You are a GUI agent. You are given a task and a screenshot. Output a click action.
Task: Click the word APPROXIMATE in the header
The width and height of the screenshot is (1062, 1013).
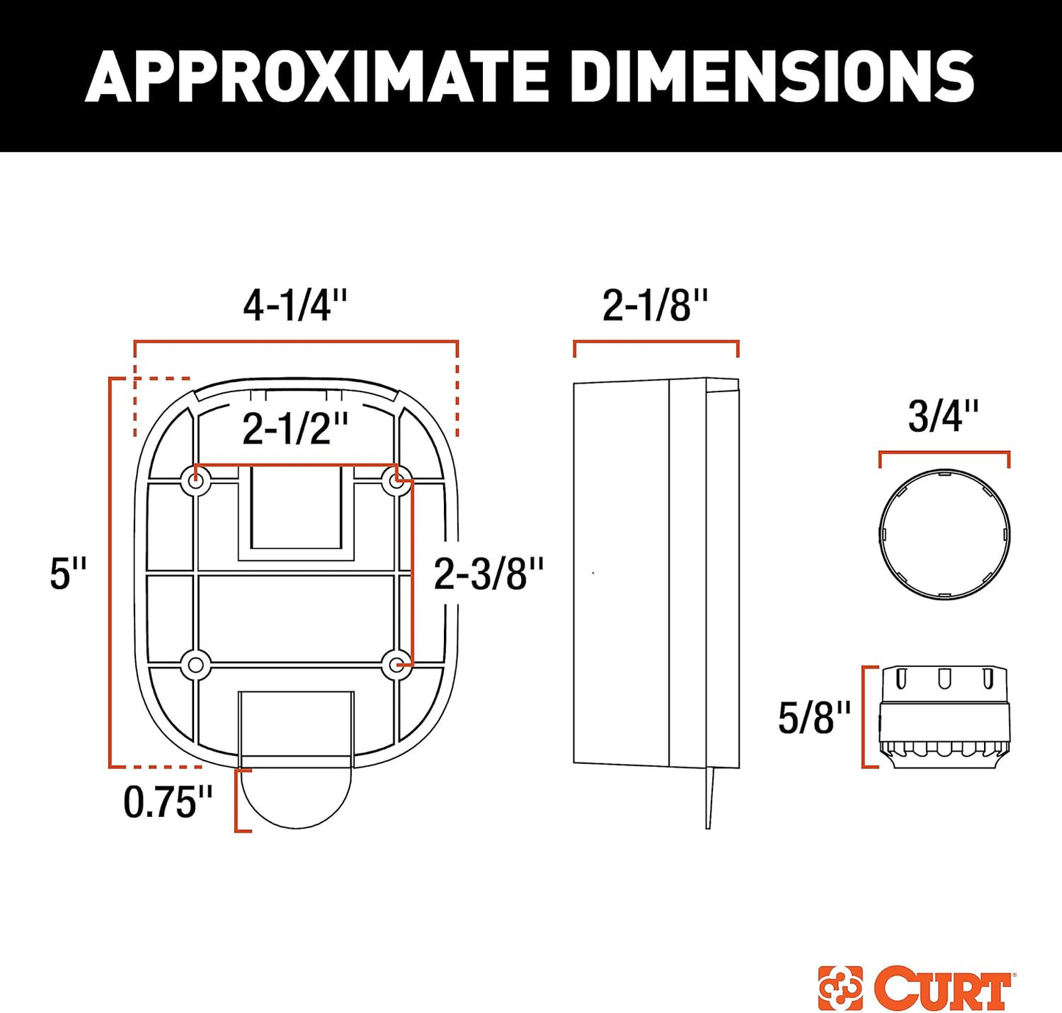[316, 76]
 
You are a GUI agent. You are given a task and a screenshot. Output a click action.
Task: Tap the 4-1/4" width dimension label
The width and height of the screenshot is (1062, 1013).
[295, 306]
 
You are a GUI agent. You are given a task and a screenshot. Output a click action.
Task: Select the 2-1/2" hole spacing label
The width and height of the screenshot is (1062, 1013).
[295, 429]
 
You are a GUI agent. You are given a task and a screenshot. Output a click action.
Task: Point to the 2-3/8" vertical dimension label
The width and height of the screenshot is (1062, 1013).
[488, 574]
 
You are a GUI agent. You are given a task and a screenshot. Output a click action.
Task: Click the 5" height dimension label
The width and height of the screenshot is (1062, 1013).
[68, 574]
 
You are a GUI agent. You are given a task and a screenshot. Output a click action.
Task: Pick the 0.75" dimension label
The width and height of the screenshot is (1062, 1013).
[168, 802]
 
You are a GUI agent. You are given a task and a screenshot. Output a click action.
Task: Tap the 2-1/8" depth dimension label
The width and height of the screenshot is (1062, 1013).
[655, 306]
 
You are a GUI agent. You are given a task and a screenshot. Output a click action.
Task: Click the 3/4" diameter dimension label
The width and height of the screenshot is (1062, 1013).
[943, 417]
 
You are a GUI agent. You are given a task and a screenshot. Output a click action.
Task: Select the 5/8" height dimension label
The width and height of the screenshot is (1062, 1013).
[814, 718]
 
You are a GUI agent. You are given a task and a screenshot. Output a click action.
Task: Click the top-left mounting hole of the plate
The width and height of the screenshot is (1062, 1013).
[195, 482]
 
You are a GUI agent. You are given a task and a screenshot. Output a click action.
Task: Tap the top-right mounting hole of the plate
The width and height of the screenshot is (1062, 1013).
[397, 482]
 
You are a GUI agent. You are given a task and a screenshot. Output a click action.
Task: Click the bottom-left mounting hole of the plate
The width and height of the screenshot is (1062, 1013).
[195, 666]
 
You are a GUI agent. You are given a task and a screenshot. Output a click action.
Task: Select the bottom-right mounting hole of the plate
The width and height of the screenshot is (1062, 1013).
[397, 666]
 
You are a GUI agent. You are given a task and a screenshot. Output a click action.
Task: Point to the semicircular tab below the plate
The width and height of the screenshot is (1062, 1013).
[296, 797]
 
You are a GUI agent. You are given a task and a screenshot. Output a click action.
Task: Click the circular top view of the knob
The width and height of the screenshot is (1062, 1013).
[944, 535]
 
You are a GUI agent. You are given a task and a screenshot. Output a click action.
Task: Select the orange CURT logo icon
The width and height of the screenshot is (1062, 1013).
[840, 989]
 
